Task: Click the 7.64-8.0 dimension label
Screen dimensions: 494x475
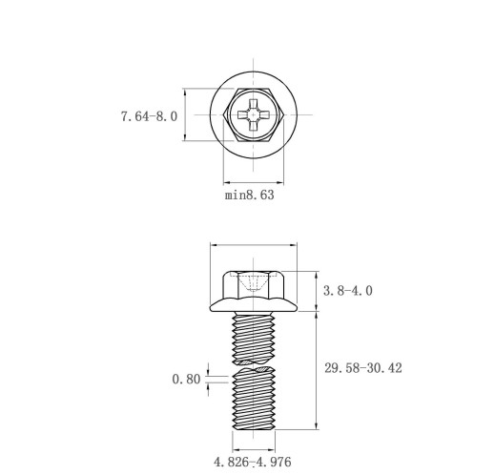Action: [x=149, y=116]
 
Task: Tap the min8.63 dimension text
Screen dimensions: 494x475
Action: [x=250, y=195]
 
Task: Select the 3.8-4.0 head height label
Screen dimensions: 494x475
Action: [x=347, y=291]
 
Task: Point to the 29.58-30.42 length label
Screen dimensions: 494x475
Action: [x=363, y=368]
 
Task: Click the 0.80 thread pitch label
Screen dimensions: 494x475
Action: [x=186, y=379]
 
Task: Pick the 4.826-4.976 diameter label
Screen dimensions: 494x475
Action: [x=253, y=462]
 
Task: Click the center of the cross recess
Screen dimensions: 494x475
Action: [x=254, y=114]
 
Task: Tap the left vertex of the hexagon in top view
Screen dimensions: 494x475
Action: [x=223, y=114]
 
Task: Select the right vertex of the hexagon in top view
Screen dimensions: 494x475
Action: [x=283, y=114]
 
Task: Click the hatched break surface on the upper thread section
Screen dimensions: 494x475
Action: [x=254, y=362]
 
